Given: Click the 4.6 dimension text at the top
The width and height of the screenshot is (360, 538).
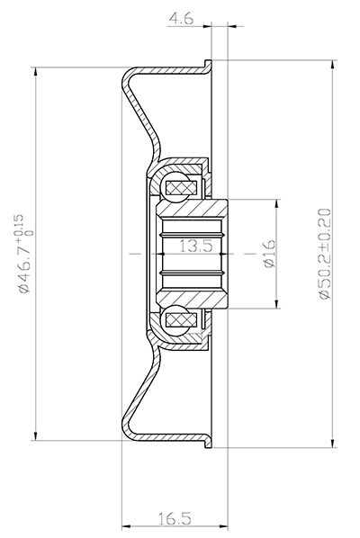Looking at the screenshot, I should click(x=180, y=14).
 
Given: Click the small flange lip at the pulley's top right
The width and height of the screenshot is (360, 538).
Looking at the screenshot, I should click(x=208, y=66).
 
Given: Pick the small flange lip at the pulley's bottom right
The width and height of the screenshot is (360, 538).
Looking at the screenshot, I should click(x=208, y=442).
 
